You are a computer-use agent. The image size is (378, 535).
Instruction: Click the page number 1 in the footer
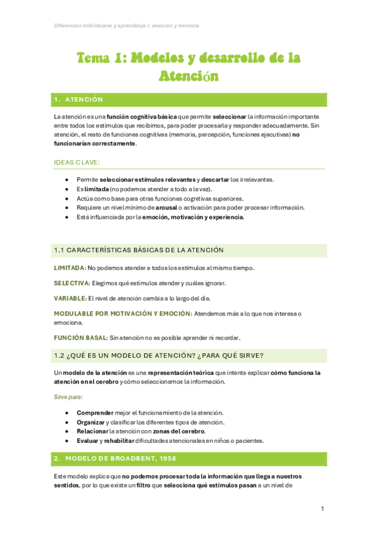click(x=322, y=509)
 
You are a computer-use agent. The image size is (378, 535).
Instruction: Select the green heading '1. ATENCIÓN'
click(x=78, y=100)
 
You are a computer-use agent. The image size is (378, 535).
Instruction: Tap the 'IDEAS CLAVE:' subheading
click(x=76, y=162)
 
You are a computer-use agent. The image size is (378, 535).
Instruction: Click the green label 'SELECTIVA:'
click(x=72, y=283)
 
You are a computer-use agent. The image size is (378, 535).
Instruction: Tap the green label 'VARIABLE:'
click(x=70, y=298)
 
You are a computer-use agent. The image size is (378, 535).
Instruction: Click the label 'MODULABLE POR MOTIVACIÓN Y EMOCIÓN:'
click(x=122, y=314)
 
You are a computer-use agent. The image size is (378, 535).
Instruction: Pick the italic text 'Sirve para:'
click(x=68, y=397)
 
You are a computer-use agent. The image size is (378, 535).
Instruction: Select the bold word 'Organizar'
click(x=91, y=421)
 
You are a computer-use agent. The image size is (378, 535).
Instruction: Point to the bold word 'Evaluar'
click(x=88, y=440)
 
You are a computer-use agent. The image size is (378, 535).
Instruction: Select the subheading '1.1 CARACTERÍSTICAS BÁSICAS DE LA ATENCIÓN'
click(x=139, y=250)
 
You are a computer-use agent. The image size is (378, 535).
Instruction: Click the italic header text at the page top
click(x=126, y=26)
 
